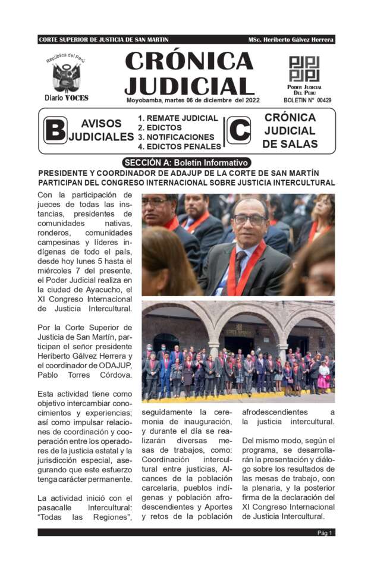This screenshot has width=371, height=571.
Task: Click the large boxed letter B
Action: point(55,130)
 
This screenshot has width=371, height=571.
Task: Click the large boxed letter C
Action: point(239,130)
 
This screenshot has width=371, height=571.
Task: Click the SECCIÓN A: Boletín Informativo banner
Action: point(186,162)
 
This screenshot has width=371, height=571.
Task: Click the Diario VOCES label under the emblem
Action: point(66,98)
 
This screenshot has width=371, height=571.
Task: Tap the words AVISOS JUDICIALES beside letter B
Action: point(101,130)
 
